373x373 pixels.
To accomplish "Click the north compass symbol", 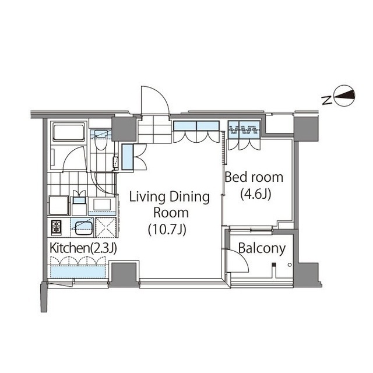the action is click(x=344, y=96).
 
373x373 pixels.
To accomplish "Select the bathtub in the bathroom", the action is click(x=69, y=132).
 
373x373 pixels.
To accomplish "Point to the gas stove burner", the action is click(x=57, y=227).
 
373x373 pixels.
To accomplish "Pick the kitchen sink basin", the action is click(x=84, y=228).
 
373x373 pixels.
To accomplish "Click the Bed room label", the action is click(x=254, y=177).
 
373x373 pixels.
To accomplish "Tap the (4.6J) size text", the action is click(x=256, y=194).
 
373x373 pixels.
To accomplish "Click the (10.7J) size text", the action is click(x=167, y=230).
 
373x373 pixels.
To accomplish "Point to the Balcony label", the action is click(x=262, y=248).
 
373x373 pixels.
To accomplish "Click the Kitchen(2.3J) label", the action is click(x=83, y=248).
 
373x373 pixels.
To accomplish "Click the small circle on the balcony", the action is click(x=290, y=265).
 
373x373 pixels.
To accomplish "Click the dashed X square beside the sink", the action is click(x=105, y=227).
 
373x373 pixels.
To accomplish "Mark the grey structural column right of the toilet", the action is click(x=124, y=129).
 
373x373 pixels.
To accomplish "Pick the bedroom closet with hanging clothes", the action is click(x=244, y=129).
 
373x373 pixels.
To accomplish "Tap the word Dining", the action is click(x=189, y=198).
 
